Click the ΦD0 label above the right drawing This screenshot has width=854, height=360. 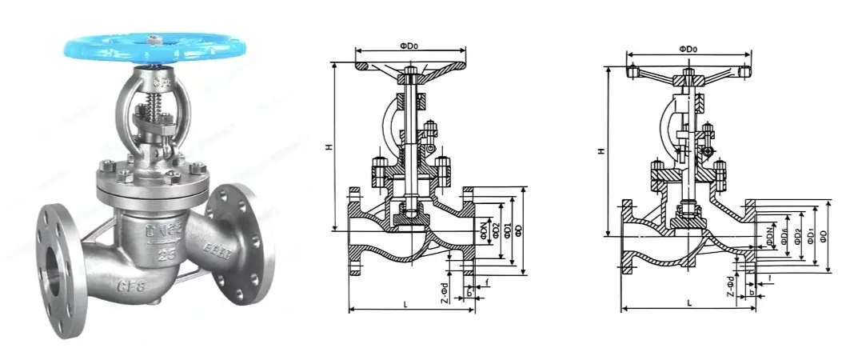click(x=688, y=49)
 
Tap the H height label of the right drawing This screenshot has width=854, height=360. click(x=601, y=150)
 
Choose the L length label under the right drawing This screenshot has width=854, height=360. click(x=688, y=302)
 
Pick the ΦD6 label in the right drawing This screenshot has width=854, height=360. click(x=784, y=234)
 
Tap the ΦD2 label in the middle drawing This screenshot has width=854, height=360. click(x=496, y=230)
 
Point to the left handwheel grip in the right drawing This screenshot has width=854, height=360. click(x=634, y=73)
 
